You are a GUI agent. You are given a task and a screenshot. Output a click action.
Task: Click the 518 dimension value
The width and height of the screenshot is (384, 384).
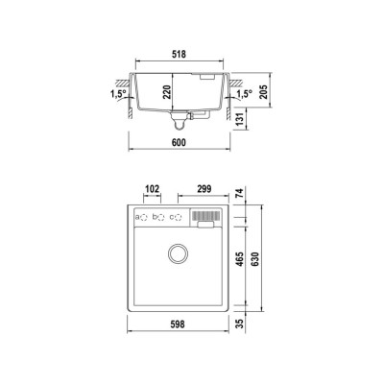tap(179, 54)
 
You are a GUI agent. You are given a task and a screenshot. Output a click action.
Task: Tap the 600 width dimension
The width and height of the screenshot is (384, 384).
tap(179, 142)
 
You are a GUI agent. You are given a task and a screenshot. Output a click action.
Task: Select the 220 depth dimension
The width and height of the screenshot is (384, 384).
tap(167, 92)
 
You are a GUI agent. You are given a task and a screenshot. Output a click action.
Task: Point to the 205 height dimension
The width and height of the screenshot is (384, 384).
tap(263, 92)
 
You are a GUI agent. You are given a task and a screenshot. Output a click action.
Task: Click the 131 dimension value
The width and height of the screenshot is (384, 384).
tap(240, 121)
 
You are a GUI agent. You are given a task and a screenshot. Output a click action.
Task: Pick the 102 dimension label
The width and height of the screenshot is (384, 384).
tap(152, 189)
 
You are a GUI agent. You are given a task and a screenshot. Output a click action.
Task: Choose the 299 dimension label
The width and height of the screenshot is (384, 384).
tap(204, 189)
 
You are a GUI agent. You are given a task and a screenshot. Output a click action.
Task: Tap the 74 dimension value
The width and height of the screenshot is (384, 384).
tap(240, 193)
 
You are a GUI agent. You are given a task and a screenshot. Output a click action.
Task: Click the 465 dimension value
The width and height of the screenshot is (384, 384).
tap(240, 259)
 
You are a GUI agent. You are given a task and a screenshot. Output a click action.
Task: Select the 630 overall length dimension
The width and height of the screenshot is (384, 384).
tap(255, 259)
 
